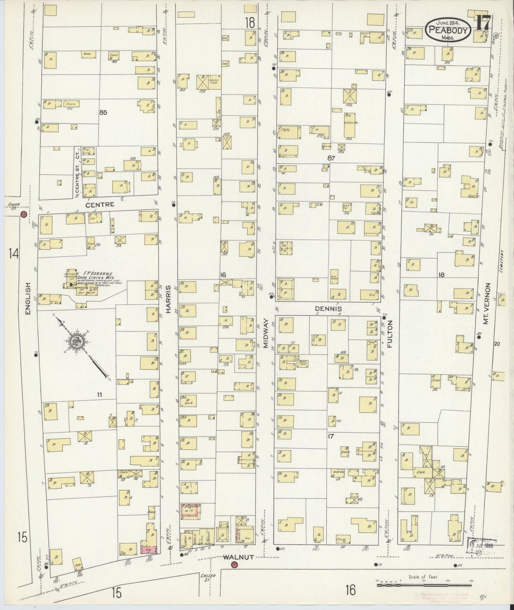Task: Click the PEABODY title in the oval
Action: (x=448, y=30)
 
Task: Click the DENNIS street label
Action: (x=328, y=309)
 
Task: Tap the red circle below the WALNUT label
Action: (x=234, y=565)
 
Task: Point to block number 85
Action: (x=103, y=113)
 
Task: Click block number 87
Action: (x=332, y=158)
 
